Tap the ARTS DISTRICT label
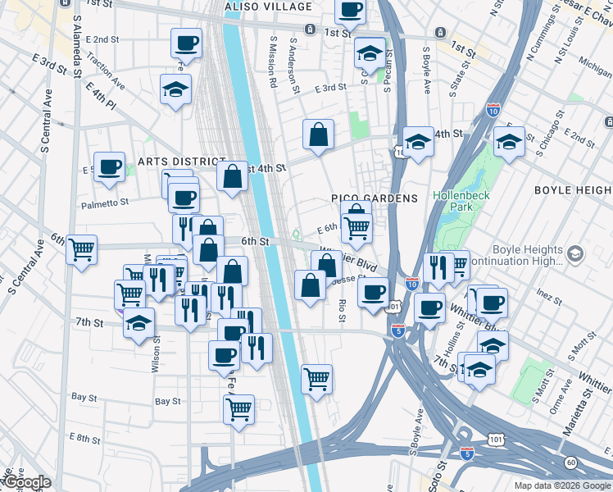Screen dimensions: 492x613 click(x=181, y=161)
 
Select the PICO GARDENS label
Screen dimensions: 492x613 click(x=375, y=198)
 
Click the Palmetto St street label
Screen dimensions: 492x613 click(x=105, y=202)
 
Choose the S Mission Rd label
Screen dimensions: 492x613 click(x=273, y=61)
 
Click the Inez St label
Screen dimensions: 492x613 click(x=547, y=291)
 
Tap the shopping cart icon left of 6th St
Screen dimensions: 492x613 click(x=82, y=248)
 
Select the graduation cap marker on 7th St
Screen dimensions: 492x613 click(x=139, y=323)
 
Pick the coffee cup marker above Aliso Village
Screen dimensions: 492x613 click(x=351, y=10)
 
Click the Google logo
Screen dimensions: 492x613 click(x=27, y=482)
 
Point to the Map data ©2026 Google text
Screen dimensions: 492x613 click(x=561, y=485)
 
